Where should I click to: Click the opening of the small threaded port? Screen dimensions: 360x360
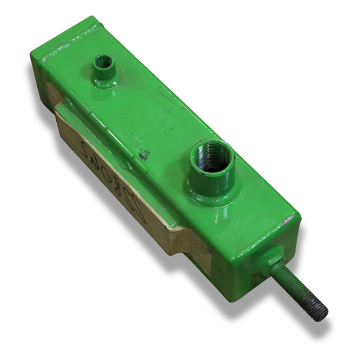(x=103, y=63)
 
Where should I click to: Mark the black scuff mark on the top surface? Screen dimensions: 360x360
(x=143, y=156)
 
